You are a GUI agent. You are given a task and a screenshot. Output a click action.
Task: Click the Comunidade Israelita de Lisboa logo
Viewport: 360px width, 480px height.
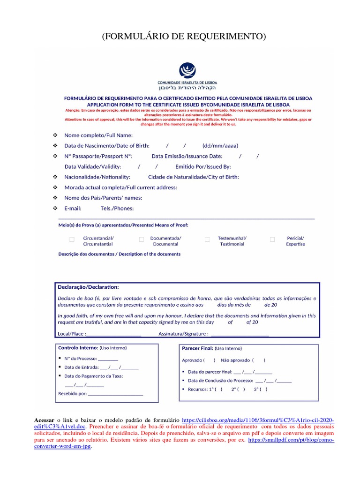(187, 71)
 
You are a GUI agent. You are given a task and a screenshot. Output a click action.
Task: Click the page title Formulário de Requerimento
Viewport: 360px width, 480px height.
(184, 37)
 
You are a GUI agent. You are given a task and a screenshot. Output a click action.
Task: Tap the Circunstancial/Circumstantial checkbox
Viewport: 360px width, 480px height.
(72, 240)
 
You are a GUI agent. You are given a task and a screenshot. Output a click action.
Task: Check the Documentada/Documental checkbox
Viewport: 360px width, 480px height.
(141, 240)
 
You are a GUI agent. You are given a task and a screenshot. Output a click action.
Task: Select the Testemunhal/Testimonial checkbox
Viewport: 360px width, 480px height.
(207, 240)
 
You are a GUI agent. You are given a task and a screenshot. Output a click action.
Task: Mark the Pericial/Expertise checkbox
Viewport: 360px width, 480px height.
(272, 240)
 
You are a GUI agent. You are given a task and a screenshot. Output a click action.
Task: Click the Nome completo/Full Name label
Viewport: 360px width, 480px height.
(95, 135)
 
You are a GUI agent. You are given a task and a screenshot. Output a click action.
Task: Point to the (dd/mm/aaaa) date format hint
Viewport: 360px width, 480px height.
(220, 146)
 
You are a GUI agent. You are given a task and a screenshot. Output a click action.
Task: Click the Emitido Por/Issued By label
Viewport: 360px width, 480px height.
(203, 166)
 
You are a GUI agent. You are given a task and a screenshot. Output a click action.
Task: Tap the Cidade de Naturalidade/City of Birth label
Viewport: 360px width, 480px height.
(193, 177)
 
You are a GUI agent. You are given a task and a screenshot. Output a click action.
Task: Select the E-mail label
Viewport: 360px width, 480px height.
(73, 208)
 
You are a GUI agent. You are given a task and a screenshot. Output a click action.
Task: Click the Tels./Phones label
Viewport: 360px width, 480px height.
(117, 208)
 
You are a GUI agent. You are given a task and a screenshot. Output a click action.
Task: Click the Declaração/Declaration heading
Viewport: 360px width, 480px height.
(88, 286)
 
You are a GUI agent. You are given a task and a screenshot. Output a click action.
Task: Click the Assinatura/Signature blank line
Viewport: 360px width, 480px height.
(240, 334)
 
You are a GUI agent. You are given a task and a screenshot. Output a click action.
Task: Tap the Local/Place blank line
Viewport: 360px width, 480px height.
(114, 334)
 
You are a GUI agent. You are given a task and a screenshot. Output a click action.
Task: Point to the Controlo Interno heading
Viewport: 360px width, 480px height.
(77, 348)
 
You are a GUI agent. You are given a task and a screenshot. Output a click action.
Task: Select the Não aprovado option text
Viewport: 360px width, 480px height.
(236, 360)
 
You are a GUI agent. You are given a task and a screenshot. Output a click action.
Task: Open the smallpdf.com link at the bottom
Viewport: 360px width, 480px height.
(291, 443)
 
